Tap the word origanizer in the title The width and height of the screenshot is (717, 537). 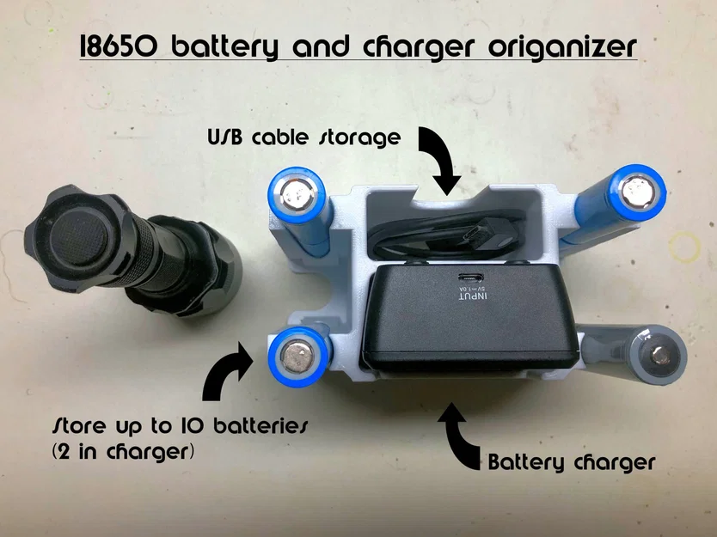[562, 47]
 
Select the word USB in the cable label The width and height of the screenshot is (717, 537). [224, 137]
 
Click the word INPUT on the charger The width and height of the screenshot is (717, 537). [472, 297]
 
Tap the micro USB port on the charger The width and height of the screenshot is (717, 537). [471, 278]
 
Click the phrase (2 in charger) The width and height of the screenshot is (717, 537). [123, 453]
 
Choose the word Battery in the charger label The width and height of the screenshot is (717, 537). [526, 462]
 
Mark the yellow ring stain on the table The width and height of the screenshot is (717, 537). [684, 247]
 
